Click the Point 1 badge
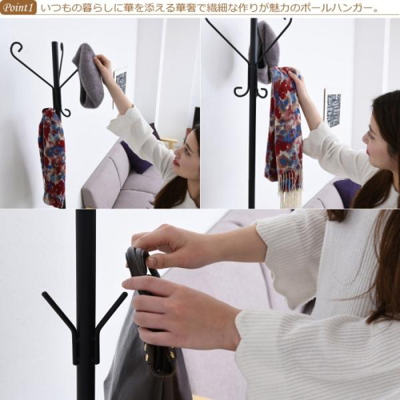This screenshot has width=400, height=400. click(x=19, y=7)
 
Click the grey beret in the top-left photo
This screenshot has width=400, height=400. click(x=89, y=76)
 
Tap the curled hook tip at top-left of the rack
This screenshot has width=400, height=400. click(x=16, y=48)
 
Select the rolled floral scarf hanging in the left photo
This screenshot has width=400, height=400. click(x=52, y=158)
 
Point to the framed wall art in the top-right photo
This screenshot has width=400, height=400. click(x=333, y=108)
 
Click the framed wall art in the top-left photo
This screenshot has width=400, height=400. click(x=121, y=81)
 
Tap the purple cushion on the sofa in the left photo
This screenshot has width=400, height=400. click(x=135, y=157)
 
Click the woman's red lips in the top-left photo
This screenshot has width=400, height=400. click(x=177, y=162)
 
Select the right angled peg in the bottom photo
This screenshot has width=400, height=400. click(x=111, y=310)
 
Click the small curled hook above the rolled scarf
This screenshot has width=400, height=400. click(x=66, y=112)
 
